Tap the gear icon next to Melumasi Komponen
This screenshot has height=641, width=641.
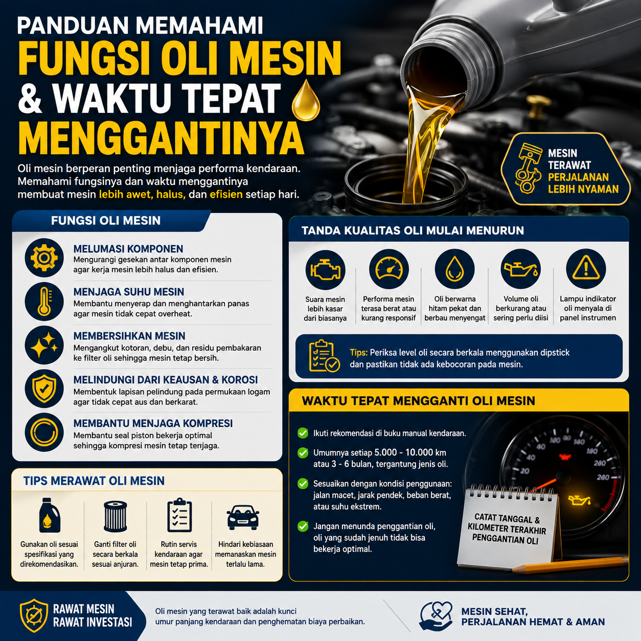click(44, 258)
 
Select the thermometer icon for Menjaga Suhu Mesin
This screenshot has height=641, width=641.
click(44, 302)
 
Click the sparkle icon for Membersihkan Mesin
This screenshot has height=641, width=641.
click(44, 345)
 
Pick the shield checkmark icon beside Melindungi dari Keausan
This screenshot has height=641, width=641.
click(44, 388)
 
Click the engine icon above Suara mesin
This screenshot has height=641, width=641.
click(325, 269)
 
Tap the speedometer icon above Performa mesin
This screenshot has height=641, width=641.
click(389, 269)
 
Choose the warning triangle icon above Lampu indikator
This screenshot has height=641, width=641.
click(586, 268)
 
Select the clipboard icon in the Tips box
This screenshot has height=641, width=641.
click(324, 356)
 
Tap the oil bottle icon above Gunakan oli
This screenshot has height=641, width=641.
click(50, 515)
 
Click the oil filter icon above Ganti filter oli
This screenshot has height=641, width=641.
click(116, 516)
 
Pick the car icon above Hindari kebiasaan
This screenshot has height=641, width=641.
click(243, 517)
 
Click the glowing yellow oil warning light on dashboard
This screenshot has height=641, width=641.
click(580, 500)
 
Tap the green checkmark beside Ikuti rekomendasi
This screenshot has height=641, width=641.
click(303, 433)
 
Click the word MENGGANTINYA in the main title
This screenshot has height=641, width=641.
click(162, 139)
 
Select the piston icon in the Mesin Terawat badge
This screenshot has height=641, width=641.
click(526, 168)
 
